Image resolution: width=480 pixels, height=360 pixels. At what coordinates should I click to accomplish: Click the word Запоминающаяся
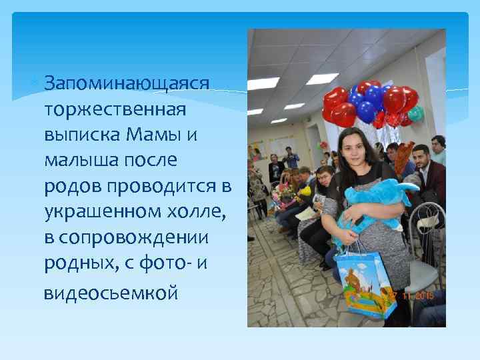(127, 84)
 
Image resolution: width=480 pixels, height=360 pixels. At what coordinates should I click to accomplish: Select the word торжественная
(115, 110)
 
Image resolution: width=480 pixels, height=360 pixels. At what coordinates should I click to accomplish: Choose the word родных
(75, 265)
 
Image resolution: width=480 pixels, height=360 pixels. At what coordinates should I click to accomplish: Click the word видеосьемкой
(111, 293)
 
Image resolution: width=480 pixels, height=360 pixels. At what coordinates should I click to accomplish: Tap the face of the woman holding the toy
(352, 148)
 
